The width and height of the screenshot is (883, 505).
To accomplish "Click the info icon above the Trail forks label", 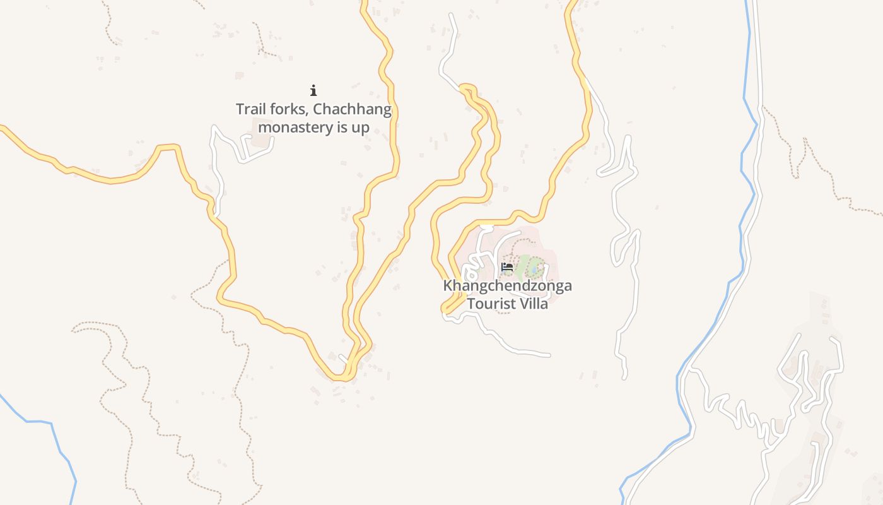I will click(x=313, y=90).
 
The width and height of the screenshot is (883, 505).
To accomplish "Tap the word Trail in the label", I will click(x=250, y=110).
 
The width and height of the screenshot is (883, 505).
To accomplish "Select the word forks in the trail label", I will click(x=289, y=110).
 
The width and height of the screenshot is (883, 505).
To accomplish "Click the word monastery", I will click(x=296, y=128).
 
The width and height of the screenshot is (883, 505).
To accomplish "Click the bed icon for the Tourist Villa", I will click(x=506, y=267).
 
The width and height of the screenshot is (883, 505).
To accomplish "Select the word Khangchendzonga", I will click(x=507, y=285).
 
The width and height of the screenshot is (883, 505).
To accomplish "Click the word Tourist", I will click(x=490, y=304).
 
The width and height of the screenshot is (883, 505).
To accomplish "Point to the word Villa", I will click(x=533, y=304).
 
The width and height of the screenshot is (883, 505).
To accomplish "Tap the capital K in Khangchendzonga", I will click(x=447, y=285).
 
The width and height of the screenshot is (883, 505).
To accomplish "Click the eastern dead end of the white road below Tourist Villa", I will click(x=549, y=355).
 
